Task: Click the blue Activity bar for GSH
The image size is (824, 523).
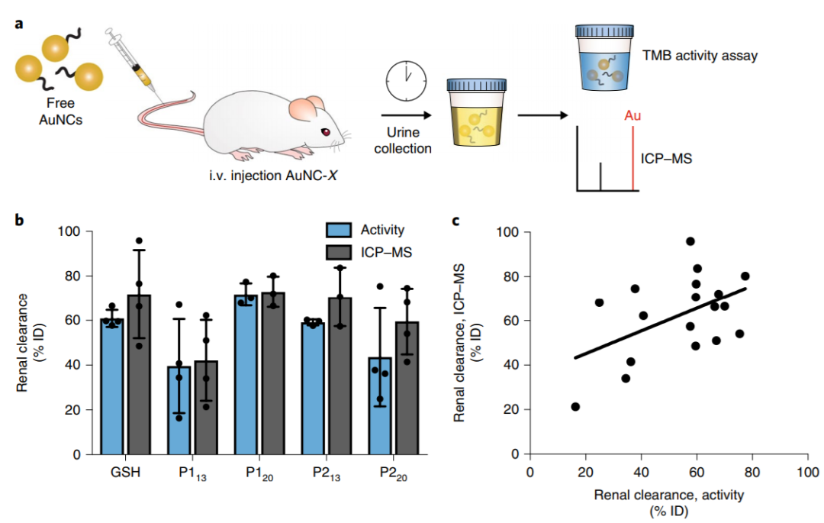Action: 112,386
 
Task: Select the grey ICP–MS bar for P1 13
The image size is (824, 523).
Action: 206,408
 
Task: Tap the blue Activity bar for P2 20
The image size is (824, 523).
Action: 380,405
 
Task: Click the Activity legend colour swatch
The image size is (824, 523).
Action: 339,231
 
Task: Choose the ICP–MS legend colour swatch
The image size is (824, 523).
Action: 339,252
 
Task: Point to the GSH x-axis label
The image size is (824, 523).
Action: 126,472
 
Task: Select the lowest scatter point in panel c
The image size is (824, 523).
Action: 575,407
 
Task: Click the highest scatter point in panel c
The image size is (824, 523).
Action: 690,241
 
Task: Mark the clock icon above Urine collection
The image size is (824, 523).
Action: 406,82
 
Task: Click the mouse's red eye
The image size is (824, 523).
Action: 326,132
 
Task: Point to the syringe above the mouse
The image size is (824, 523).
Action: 134,65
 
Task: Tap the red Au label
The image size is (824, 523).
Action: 632,115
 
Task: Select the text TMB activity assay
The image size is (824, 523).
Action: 700,56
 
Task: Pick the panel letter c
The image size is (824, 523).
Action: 455,221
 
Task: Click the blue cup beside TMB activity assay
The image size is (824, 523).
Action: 604,58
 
